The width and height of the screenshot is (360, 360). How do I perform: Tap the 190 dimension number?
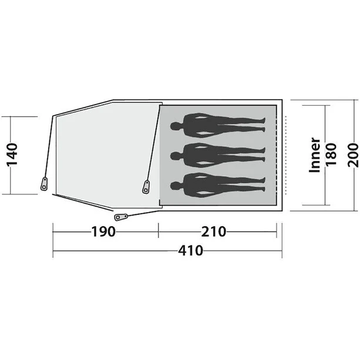tap(103, 231)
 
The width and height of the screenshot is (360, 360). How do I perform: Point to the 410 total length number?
tap(191, 251)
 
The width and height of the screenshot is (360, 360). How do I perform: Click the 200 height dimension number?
tap(351, 155)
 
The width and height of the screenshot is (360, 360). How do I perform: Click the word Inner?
tap(315, 156)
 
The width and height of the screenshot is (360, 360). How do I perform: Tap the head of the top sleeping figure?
tap(175, 126)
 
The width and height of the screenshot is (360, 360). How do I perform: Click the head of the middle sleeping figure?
tap(175, 155)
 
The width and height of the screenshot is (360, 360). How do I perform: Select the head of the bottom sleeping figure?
tap(175, 185)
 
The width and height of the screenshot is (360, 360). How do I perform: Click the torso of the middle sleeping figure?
tap(203, 155)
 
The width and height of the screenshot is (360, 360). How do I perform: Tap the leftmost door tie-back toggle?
tap(43, 183)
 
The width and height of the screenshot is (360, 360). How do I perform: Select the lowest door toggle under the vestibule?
tap(121, 217)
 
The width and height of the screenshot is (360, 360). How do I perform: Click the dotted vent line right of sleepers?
tap(284, 155)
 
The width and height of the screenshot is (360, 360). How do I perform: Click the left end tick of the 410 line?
tap(53, 252)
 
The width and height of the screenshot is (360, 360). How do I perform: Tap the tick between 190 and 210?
tap(159, 231)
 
